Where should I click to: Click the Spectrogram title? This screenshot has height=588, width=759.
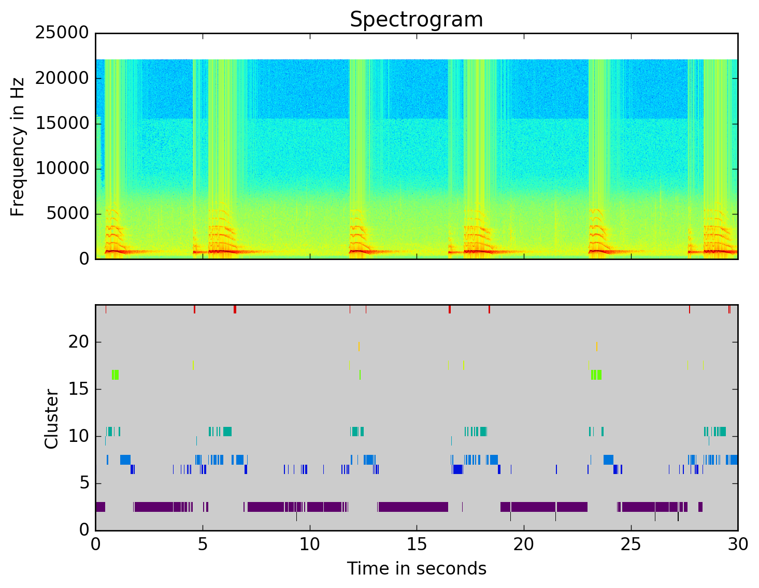click(x=416, y=20)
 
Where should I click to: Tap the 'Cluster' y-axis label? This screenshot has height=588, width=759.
click(x=51, y=419)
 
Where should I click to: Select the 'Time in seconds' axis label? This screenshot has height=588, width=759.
click(x=417, y=569)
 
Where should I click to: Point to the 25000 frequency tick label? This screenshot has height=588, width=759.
click(x=62, y=33)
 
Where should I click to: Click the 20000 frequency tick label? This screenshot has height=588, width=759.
click(x=62, y=78)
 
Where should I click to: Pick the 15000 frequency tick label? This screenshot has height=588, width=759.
click(x=62, y=123)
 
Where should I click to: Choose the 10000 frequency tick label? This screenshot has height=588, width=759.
click(x=62, y=168)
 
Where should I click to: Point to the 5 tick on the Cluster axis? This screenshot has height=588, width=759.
click(x=84, y=483)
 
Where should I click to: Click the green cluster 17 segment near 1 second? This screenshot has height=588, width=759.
click(x=115, y=375)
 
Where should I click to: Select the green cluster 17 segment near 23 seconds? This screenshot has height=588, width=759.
click(x=596, y=375)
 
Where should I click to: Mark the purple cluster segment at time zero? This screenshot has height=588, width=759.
click(x=101, y=507)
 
